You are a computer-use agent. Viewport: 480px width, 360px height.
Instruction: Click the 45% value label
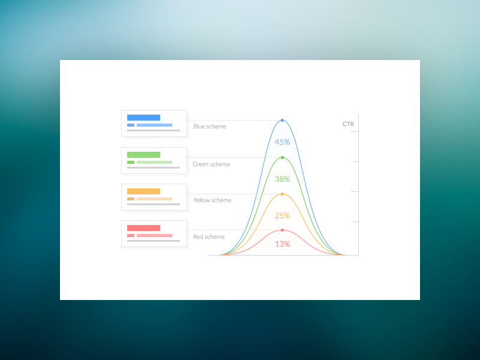pyautogui.click(x=282, y=142)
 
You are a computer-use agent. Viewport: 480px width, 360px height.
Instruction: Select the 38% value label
pyautogui.click(x=282, y=179)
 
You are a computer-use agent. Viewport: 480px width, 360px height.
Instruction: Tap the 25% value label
pyautogui.click(x=282, y=215)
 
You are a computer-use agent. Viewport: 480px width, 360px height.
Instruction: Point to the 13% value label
pyautogui.click(x=282, y=244)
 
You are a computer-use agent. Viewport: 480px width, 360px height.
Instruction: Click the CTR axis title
pyautogui.click(x=348, y=124)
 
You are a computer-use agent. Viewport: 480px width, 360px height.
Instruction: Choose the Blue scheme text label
pyautogui.click(x=209, y=127)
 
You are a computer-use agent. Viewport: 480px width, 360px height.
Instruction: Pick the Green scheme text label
pyautogui.click(x=211, y=164)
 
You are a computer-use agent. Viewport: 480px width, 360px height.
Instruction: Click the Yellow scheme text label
pyautogui.click(x=212, y=200)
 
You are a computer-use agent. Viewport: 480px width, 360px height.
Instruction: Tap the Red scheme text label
pyautogui.click(x=209, y=237)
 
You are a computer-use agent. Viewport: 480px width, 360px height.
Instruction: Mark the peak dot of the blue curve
pyautogui.click(x=282, y=121)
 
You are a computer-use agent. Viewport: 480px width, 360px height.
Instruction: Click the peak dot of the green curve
pyautogui.click(x=282, y=157)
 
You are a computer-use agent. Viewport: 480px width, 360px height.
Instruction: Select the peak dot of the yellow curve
pyautogui.click(x=282, y=194)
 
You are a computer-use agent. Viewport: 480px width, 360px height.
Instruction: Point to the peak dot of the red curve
pyautogui.click(x=282, y=230)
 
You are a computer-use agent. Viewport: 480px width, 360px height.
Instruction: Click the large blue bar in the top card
pyautogui.click(x=143, y=118)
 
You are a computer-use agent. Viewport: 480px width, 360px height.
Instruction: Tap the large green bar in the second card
pyautogui.click(x=143, y=155)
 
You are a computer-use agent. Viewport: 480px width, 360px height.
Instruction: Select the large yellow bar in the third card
pyautogui.click(x=143, y=191)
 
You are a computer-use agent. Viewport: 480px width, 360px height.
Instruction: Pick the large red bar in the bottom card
pyautogui.click(x=143, y=228)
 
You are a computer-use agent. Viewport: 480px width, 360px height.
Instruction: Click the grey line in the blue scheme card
pyautogui.click(x=153, y=130)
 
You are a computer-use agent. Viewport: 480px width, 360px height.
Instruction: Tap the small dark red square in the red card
pyautogui.click(x=131, y=235)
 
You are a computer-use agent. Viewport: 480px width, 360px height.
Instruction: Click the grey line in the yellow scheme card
pyautogui.click(x=153, y=204)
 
